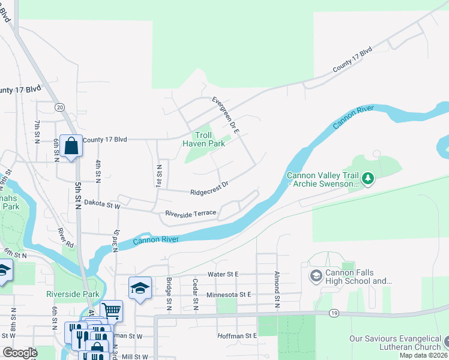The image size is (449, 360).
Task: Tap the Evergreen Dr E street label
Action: coord(226,114)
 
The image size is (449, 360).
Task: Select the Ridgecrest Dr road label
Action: coord(209,188)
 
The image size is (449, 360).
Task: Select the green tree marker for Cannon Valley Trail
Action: coord(369,178)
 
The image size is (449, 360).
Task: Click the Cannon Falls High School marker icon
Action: coord(316,276)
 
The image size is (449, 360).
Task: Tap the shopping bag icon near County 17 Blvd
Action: coord(71,146)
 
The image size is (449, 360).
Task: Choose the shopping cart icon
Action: coord(112,310)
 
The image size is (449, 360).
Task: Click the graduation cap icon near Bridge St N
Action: coord(140,287)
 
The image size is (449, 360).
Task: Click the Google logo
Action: coord(20,353)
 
